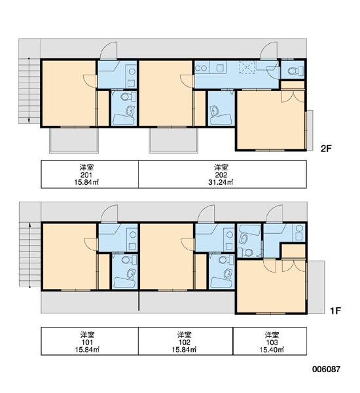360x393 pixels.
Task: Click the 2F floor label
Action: (326, 149)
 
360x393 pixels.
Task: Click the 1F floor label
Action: (335, 310)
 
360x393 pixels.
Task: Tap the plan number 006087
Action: (326, 369)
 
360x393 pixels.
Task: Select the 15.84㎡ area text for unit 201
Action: (86, 182)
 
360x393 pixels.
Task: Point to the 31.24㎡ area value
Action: (221, 182)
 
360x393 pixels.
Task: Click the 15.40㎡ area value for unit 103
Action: (272, 349)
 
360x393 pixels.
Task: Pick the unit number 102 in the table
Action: (184, 342)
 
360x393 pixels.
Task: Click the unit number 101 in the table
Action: (87, 342)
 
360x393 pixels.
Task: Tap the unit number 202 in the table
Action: (221, 175)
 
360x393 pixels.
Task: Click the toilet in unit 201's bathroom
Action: (128, 96)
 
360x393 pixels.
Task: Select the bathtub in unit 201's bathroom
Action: (124, 119)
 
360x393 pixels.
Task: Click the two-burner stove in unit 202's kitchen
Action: (201, 67)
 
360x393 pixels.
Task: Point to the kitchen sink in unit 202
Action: (220, 67)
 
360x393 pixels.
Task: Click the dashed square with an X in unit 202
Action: (247, 67)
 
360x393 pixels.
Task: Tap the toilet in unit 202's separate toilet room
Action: (295, 71)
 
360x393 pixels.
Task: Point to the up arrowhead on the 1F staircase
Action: (30, 225)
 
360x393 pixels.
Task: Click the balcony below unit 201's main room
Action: (74, 140)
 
